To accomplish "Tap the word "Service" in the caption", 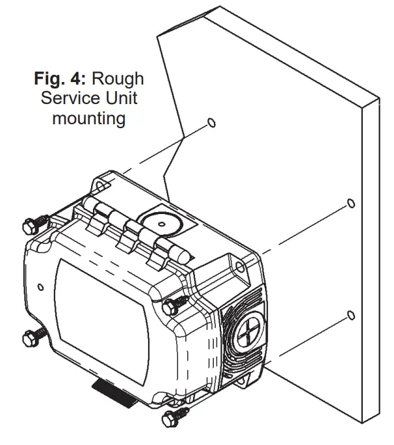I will point(65,100).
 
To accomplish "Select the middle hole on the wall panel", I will point(350,203).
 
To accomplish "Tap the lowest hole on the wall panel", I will point(350,316).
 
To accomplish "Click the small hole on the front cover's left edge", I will point(41,286).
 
